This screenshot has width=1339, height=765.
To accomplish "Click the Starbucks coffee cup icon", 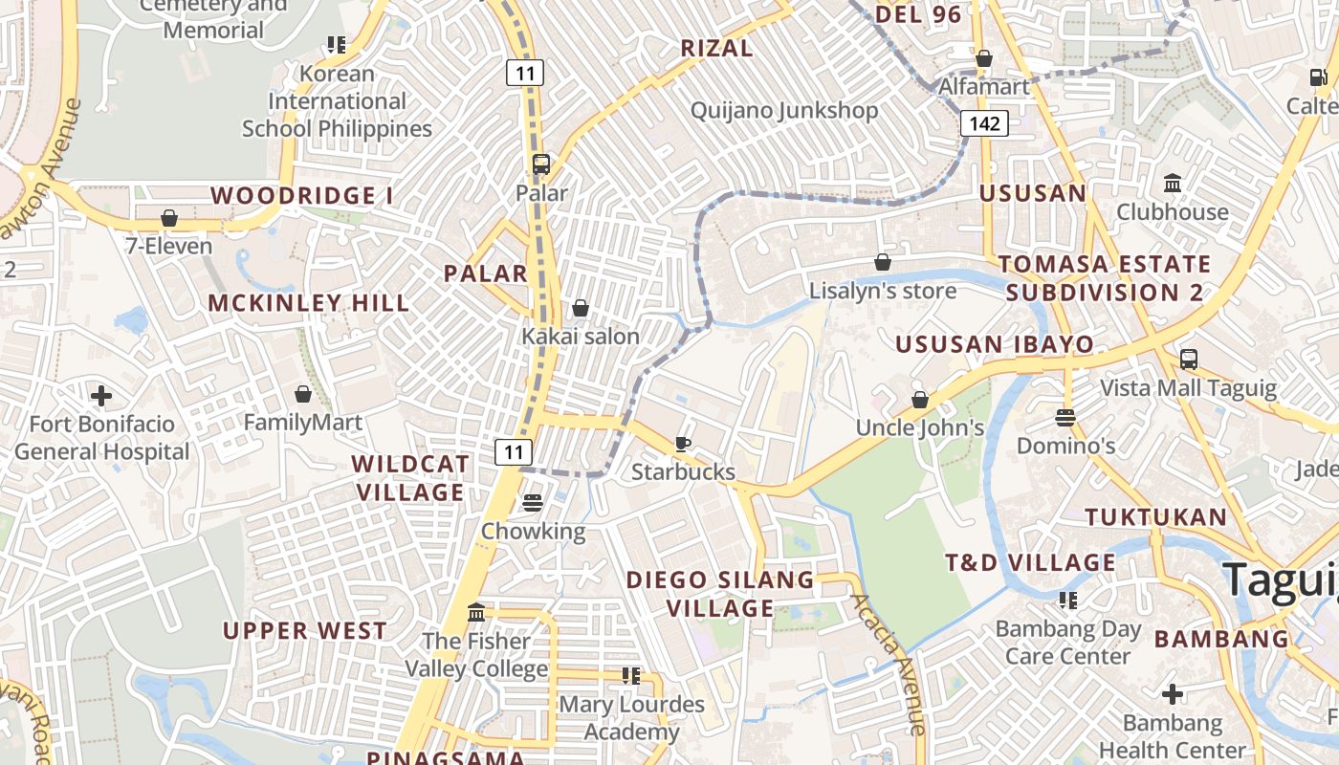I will [x=682, y=444].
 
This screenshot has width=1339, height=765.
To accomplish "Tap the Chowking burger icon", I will [x=533, y=503].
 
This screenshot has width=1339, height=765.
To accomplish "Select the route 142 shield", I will [x=984, y=123].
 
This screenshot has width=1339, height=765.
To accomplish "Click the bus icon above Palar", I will [x=541, y=164].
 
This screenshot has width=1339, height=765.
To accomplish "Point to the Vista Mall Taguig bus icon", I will [x=1188, y=360].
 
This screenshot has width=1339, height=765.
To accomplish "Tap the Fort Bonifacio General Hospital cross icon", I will [x=101, y=395].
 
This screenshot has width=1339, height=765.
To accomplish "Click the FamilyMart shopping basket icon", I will [x=303, y=394].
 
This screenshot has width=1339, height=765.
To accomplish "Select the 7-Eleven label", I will [x=169, y=246].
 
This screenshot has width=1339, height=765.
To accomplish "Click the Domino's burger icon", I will [x=1065, y=418].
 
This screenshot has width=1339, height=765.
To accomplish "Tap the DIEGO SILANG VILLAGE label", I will [x=720, y=594].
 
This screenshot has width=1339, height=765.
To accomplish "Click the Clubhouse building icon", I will [x=1172, y=183].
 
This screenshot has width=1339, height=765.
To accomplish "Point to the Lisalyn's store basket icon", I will [x=883, y=262].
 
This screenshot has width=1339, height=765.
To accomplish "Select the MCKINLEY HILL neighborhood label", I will [x=309, y=303].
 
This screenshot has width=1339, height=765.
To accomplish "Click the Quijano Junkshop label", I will [x=784, y=111].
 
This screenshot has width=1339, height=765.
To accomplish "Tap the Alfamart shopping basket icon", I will [x=983, y=59].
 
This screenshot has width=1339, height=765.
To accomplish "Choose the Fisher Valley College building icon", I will [x=475, y=612].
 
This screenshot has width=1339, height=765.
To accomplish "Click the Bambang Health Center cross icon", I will [x=1173, y=694].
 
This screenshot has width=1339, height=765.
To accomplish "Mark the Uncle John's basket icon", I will [x=919, y=400].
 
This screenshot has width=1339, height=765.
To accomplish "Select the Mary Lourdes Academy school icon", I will [x=630, y=676].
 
